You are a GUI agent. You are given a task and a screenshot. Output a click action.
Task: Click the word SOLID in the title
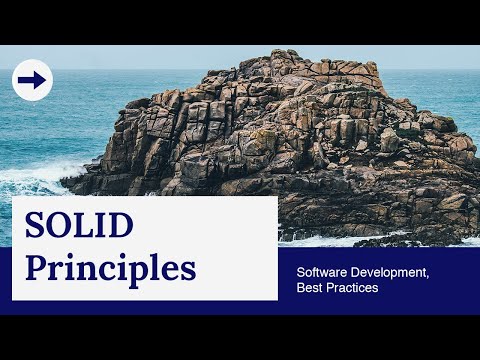(79, 227)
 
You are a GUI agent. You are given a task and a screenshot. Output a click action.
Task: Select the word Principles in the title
(110, 268)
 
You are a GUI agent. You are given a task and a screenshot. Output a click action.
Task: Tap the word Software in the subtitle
(322, 271)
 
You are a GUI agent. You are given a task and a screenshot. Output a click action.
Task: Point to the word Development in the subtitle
(390, 271)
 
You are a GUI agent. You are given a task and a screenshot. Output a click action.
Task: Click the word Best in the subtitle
(310, 288)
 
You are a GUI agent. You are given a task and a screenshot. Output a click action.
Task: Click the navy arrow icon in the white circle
(32, 81)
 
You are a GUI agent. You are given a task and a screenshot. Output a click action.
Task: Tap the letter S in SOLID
(35, 227)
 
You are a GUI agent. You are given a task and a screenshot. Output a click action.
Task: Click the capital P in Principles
(37, 267)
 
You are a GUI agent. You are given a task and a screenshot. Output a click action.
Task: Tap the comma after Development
(428, 275)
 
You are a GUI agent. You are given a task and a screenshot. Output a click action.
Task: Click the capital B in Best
(301, 288)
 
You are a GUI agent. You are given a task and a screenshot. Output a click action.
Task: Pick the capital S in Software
(301, 271)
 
